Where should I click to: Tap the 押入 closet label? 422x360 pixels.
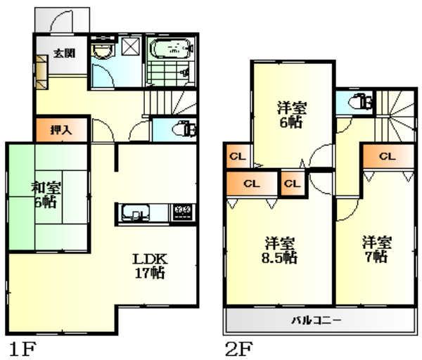pos(62,130)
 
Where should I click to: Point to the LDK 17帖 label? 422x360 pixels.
pos(149,264)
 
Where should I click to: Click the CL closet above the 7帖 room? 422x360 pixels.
pos(387,157)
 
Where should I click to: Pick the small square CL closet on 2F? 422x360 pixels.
pos(292,184)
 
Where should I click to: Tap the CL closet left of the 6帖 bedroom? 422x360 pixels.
pos(236,155)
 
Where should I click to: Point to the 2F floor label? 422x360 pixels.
pos(238,347)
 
